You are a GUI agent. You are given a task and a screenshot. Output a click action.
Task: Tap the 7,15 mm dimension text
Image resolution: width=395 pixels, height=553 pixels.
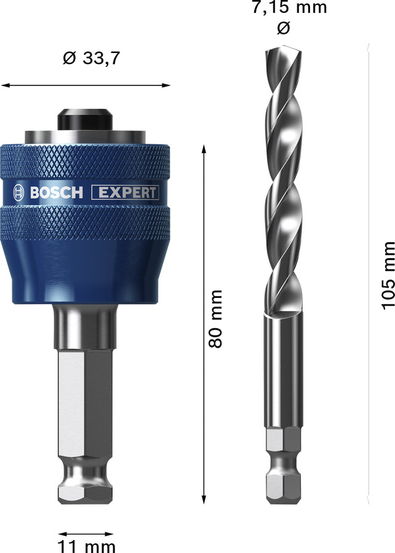coord(289,8)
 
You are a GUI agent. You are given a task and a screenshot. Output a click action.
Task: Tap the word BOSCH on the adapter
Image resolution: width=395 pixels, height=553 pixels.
coord(56,192)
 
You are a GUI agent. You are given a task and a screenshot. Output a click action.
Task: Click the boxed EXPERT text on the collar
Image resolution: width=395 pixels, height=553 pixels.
coord(125,192)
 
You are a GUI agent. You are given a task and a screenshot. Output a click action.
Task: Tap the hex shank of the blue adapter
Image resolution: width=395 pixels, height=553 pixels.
coord(86,406)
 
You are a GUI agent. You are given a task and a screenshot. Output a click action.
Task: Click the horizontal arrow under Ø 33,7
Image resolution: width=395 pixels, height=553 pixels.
coord(86,85)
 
